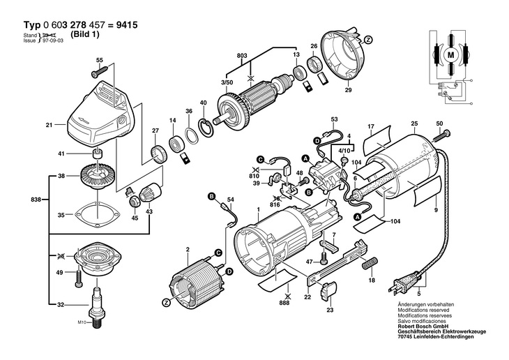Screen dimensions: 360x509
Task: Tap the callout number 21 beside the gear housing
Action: [x=50, y=126]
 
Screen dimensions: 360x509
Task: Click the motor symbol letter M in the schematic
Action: [x=450, y=54]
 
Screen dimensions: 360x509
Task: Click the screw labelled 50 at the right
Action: [x=446, y=133]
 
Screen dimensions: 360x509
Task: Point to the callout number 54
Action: [x=231, y=200]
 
